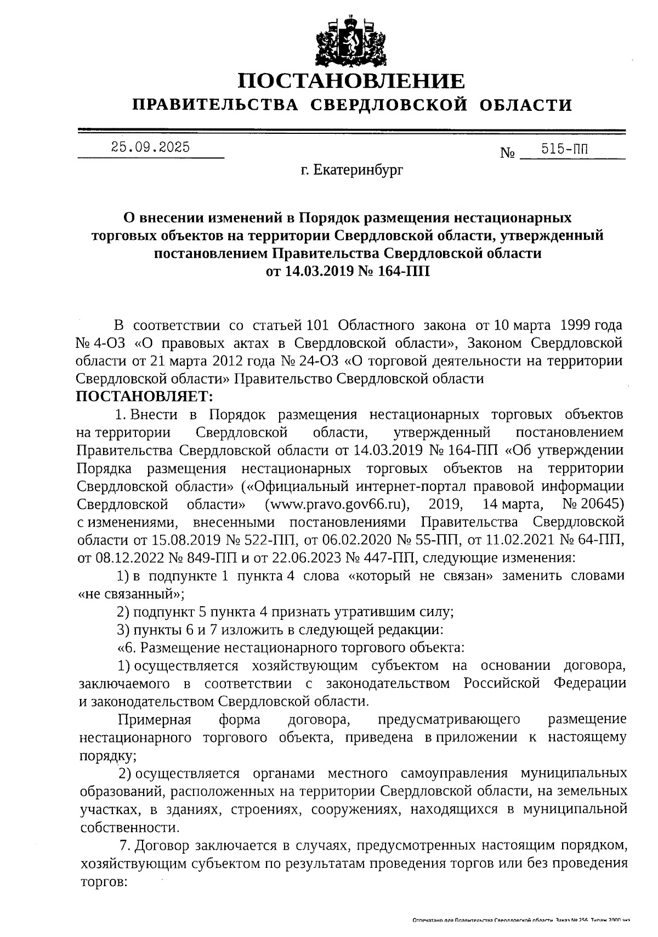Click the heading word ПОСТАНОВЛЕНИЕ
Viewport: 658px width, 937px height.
[x=351, y=81]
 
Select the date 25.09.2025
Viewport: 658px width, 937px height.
[x=150, y=147]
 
